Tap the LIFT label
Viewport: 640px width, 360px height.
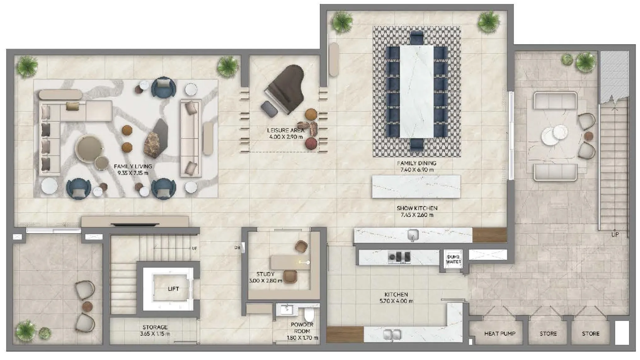[173, 289]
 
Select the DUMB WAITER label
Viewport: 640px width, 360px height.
[453, 259]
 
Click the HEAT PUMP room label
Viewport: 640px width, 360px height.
[500, 334]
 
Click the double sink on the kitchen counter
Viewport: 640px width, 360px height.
[392, 335]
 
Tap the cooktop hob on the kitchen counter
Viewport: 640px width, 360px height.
[399, 257]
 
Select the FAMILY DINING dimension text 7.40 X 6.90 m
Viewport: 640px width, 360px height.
[416, 170]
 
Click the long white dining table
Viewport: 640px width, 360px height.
[417, 91]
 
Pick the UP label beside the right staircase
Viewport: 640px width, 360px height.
[615, 234]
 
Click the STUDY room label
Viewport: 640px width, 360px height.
[265, 274]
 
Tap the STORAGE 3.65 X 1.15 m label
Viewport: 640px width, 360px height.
[155, 330]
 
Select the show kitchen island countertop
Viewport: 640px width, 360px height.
[416, 187]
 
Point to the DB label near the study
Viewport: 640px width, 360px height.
[237, 248]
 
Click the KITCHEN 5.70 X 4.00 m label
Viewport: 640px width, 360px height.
[396, 298]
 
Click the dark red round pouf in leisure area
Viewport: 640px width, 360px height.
[311, 143]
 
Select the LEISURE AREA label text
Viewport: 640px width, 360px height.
[285, 130]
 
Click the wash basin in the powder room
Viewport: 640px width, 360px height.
[287, 309]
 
